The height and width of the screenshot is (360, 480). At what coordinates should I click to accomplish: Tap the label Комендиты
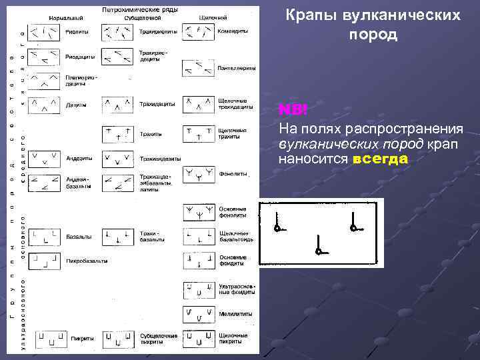[x=233, y=31]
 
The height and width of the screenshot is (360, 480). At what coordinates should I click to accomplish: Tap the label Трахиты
[x=151, y=134]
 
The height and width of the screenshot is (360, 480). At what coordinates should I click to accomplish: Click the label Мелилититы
[x=233, y=313]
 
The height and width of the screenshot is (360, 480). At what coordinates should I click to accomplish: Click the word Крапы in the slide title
[x=313, y=15]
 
